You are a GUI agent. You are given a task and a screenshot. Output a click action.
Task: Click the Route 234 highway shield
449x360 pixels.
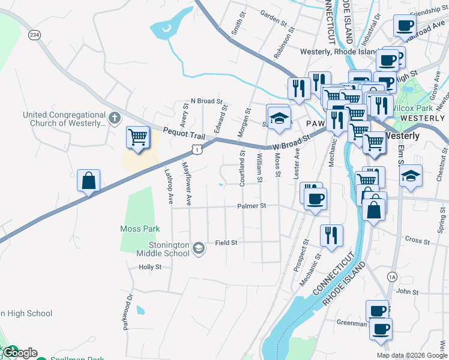(x=36, y=35)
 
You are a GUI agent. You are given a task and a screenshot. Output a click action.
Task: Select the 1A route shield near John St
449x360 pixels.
(x=392, y=276)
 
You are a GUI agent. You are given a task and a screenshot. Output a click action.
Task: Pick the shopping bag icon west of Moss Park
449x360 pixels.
(x=88, y=181)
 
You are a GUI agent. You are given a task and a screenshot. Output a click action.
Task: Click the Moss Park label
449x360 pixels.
(x=140, y=229)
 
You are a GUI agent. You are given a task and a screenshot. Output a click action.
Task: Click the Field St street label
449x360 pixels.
(x=226, y=242)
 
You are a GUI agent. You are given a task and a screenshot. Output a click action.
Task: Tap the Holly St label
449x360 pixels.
(x=150, y=267)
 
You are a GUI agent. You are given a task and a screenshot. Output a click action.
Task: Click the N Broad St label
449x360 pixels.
(x=206, y=101)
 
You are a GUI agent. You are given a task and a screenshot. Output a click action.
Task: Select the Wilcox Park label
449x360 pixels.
(x=416, y=108)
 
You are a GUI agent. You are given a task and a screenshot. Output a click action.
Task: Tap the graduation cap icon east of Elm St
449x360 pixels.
(x=412, y=177)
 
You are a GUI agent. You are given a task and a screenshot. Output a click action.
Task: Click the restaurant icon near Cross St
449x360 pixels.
(x=331, y=236)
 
